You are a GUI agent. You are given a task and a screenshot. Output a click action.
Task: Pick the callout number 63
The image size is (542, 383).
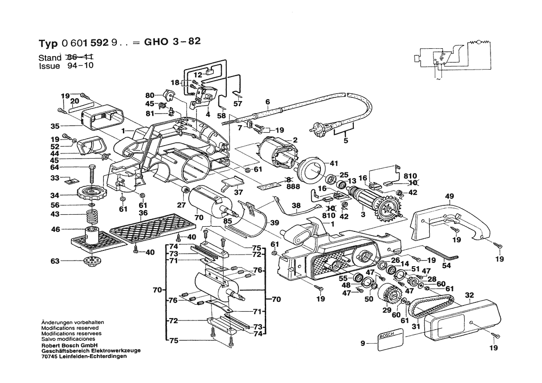coord(55,261)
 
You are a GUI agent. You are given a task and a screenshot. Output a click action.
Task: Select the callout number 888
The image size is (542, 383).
coord(293,186)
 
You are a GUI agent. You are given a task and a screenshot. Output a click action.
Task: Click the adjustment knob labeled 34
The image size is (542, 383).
coord(95,191)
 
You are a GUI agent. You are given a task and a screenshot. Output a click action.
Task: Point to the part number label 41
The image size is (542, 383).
coord(334,163)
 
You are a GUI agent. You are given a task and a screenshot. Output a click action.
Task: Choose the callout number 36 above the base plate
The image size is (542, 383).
coord(143,212)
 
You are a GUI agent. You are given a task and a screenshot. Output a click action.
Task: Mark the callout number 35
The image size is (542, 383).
coord(55,126)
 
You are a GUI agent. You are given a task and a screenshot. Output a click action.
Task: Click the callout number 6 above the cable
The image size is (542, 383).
coord(268,102)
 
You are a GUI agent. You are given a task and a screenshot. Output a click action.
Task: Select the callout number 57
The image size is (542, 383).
coord(238,104)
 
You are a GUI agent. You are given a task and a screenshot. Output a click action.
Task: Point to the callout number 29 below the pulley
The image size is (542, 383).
coord(386,309)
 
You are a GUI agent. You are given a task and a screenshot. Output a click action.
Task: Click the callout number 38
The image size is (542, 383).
coord(296,205)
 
